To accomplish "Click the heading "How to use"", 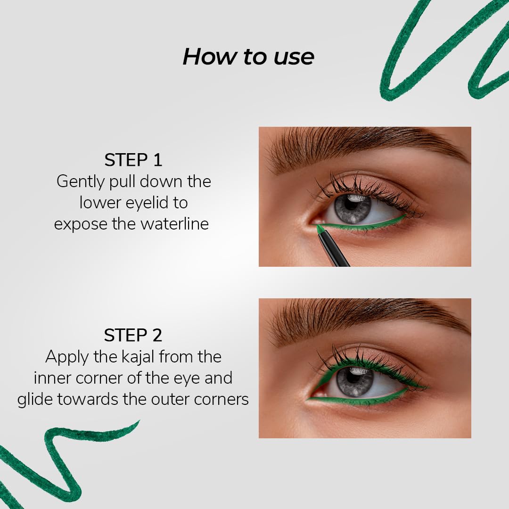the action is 248,57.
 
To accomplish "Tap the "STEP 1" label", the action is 133,160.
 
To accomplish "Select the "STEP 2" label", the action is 133,336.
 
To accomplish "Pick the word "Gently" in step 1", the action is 80,182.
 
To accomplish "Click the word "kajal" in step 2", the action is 138,357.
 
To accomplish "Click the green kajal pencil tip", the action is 320,229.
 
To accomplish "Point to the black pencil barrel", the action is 334,250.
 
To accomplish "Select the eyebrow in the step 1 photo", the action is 367,146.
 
